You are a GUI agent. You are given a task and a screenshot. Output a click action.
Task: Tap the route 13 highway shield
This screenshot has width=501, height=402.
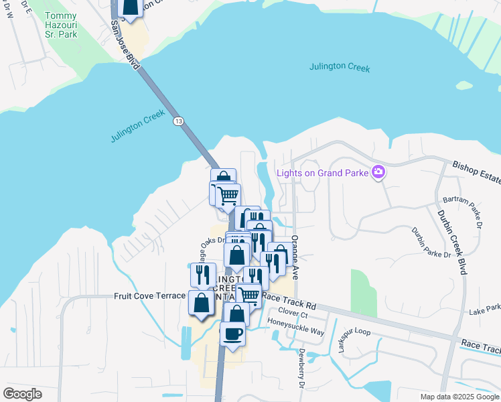click(x=177, y=121)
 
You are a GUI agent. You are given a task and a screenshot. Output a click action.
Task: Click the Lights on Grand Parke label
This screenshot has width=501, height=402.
click(x=324, y=173)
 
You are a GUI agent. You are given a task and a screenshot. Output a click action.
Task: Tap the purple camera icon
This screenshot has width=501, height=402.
click(x=378, y=173)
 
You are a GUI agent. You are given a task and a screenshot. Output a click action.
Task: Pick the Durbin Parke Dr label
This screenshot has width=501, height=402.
click(x=431, y=244)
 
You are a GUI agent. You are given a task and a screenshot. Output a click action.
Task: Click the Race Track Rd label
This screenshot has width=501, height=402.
click(x=289, y=296)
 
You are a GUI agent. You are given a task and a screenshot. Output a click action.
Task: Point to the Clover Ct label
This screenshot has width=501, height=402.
click(x=293, y=314)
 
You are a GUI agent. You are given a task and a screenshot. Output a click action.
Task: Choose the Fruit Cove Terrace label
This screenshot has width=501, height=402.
click(x=149, y=295)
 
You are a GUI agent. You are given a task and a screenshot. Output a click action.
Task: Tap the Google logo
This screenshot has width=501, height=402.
click(x=23, y=394)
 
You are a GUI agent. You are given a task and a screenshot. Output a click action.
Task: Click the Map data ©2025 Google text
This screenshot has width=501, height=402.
click(x=459, y=397)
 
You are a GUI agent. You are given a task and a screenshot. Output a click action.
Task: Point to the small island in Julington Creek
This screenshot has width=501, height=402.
click(x=464, y=86)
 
